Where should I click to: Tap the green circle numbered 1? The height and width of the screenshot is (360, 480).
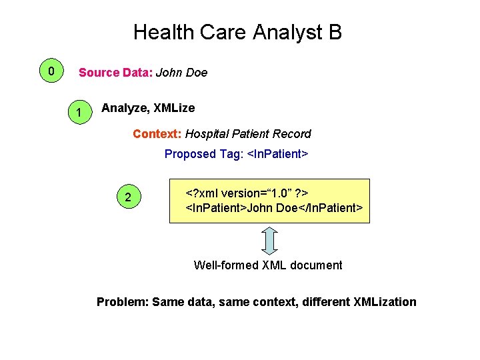(x=79, y=113)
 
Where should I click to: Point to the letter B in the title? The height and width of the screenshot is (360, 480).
(x=335, y=32)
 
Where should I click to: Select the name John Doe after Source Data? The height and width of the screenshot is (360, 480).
(x=181, y=73)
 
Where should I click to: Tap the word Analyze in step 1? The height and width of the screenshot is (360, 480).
(x=125, y=108)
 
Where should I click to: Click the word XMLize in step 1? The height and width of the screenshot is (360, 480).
(x=174, y=108)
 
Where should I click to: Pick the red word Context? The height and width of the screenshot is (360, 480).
(x=157, y=134)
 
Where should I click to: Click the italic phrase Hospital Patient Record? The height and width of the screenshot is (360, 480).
(x=248, y=134)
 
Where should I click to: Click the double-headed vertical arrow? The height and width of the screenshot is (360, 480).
(x=268, y=241)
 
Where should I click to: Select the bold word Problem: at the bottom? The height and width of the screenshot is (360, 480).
(x=122, y=302)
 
